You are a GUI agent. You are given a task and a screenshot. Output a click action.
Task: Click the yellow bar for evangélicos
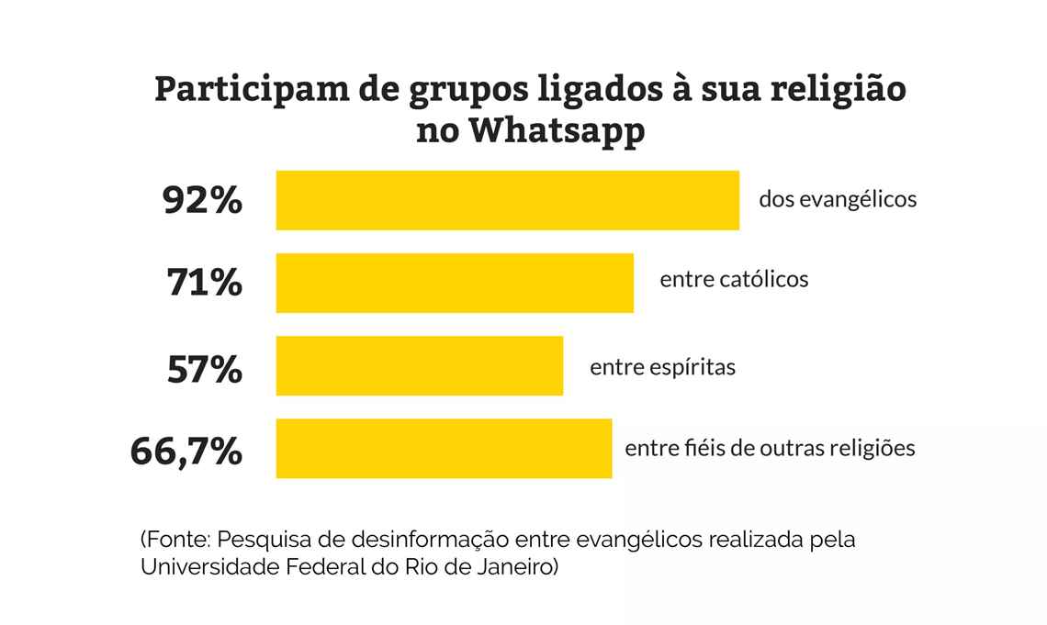507,200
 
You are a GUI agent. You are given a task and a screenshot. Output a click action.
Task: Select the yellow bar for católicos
455,283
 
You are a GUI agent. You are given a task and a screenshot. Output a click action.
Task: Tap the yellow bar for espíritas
419,365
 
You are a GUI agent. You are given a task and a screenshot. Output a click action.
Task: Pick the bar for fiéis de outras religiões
444,448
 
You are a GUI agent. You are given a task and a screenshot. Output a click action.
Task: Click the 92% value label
202,200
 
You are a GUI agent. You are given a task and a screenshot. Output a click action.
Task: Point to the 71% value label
204,283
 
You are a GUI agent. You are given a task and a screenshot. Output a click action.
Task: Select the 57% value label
204,369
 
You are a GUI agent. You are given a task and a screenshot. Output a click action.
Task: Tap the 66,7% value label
186,452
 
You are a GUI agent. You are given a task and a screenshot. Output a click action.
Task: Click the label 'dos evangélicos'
838,199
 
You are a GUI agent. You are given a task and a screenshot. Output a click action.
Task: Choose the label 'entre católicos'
734,278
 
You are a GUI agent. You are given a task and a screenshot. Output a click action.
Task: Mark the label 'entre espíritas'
662,368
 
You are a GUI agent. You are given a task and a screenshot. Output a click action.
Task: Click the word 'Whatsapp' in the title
557,130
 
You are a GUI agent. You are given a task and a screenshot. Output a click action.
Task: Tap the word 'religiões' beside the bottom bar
872,449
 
